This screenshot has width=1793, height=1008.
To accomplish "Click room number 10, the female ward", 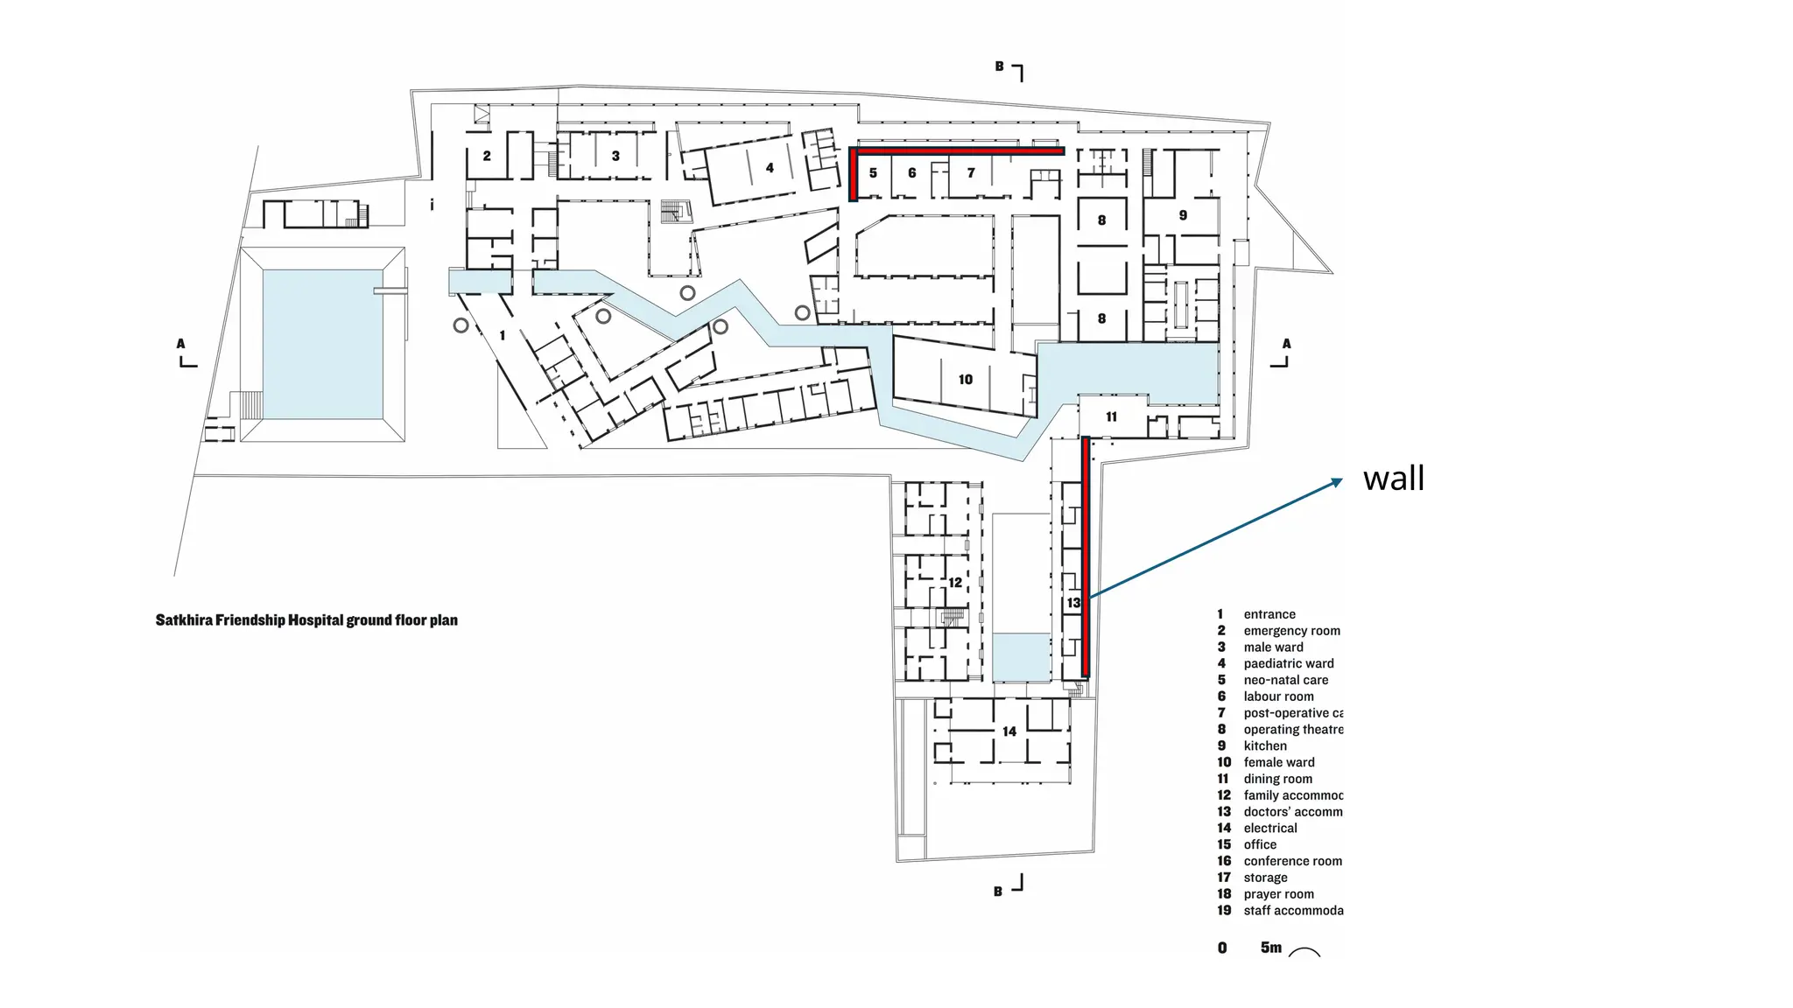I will (965, 380).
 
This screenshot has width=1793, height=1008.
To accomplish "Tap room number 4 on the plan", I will (770, 168).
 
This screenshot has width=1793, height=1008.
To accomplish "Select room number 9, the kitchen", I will (1183, 215).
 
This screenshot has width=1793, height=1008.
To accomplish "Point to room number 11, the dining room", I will (1111, 417).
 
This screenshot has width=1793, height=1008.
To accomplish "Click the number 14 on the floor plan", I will (1009, 731).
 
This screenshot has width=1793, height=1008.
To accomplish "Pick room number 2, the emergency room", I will (487, 157).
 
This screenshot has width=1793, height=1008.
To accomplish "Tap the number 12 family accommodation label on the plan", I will (955, 583).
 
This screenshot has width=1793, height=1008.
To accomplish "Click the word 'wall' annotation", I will (1394, 479).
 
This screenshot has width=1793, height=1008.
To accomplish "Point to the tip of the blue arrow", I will (1340, 479).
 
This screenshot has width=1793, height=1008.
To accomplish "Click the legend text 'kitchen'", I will (1265, 746).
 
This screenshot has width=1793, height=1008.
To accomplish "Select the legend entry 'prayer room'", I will (1278, 894).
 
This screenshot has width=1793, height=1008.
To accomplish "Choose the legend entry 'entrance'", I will (1269, 614).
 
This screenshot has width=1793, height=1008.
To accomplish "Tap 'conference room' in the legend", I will (1292, 861).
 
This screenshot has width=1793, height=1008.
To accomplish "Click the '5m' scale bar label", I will (1270, 948).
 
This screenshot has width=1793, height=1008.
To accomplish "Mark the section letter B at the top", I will (999, 66).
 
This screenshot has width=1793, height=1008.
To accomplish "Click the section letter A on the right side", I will (1286, 344).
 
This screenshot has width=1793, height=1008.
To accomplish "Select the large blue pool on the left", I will (322, 344).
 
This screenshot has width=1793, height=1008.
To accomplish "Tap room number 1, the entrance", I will (502, 336).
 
